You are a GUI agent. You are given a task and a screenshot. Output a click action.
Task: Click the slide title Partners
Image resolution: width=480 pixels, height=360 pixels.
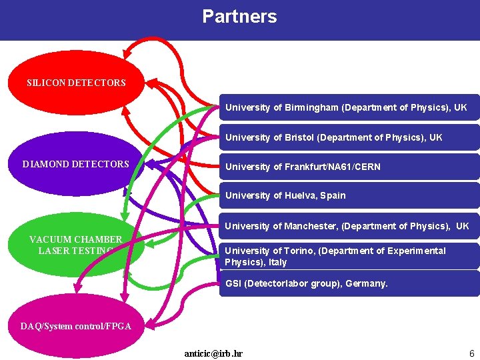click(239, 17)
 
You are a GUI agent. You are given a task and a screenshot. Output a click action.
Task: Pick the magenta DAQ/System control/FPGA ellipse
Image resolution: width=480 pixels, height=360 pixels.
click(76, 326)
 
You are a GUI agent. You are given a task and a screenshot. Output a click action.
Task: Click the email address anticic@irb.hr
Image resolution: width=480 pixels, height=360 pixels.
click(213, 353)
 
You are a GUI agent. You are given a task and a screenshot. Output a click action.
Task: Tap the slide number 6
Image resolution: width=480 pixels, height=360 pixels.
click(471, 353)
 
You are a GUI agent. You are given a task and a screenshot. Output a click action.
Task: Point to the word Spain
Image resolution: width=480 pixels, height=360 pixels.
click(333, 196)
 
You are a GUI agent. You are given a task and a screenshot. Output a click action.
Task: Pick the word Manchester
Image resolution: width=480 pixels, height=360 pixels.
click(310, 226)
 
